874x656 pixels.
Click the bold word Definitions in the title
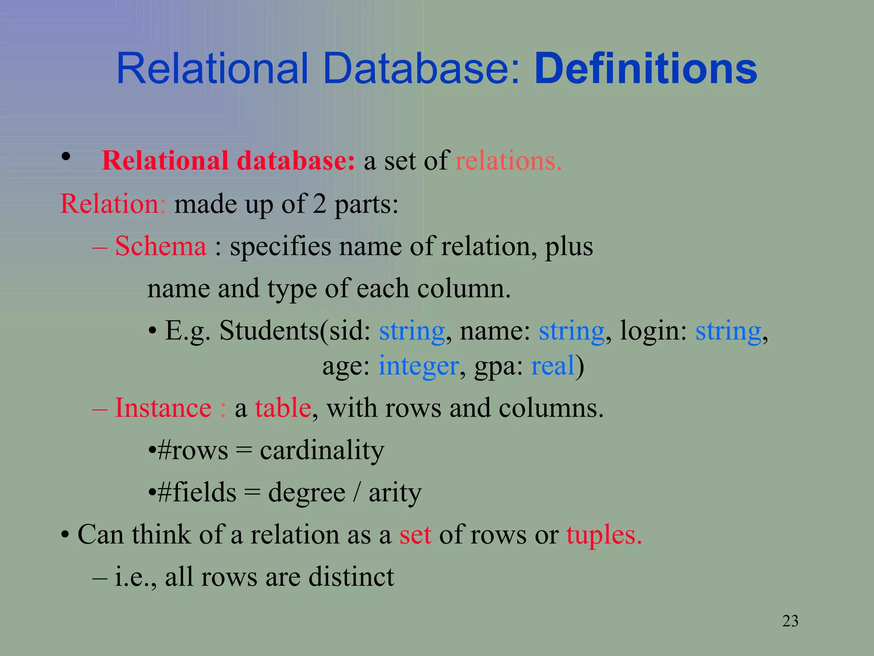click(x=646, y=69)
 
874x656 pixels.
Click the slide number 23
click(x=790, y=621)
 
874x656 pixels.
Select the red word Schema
click(x=160, y=246)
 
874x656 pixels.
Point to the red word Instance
click(x=163, y=408)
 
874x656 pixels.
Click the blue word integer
click(x=418, y=366)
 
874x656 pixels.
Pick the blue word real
click(x=553, y=366)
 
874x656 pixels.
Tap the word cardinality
click(x=322, y=450)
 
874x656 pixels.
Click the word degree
click(x=306, y=492)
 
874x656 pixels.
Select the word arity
click(x=395, y=492)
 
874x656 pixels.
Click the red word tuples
click(x=603, y=535)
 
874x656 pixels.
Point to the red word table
click(x=283, y=408)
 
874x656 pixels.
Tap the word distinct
click(x=351, y=577)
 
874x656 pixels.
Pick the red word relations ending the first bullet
click(x=508, y=161)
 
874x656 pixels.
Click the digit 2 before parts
click(x=320, y=204)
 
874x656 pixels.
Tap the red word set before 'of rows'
click(x=415, y=535)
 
